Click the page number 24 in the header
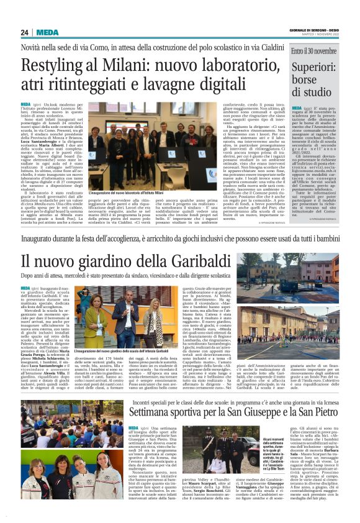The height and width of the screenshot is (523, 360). coord(24,32)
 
